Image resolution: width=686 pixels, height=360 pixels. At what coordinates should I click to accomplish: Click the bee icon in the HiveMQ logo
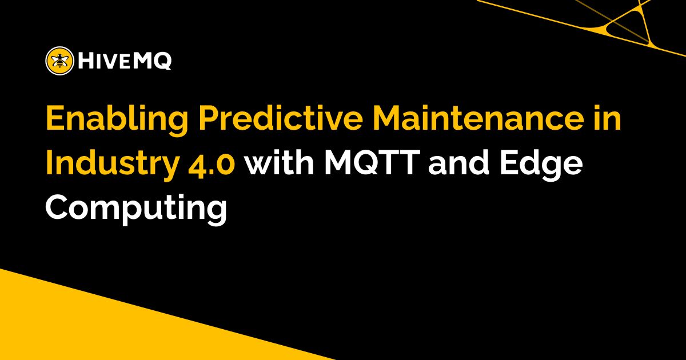pyautogui.click(x=59, y=60)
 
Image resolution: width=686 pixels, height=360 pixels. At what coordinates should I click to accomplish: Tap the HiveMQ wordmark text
pyautogui.click(x=123, y=60)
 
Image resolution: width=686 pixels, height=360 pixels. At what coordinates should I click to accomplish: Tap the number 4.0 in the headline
pyautogui.click(x=213, y=165)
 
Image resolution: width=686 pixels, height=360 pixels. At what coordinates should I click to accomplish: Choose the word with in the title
pyautogui.click(x=281, y=165)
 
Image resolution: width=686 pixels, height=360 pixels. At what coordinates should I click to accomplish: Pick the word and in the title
pyautogui.click(x=461, y=165)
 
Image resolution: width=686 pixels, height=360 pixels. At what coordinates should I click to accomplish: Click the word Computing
pyautogui.click(x=137, y=209)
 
